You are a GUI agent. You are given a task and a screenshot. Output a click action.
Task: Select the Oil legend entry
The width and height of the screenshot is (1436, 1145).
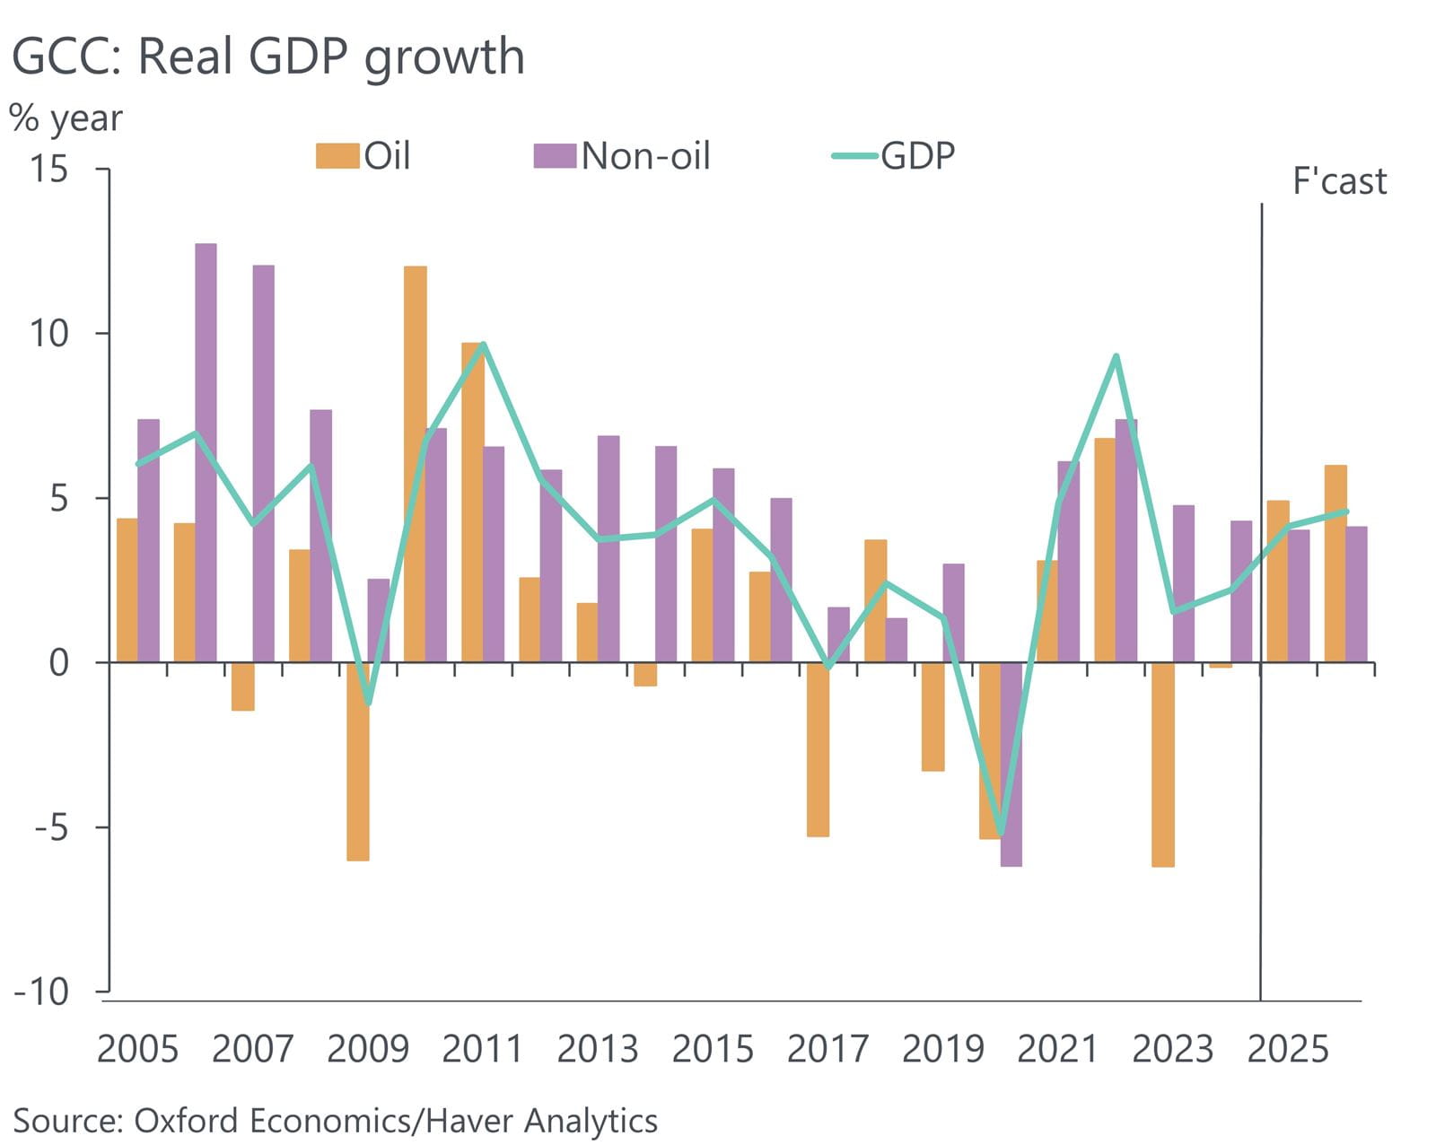tap(363, 156)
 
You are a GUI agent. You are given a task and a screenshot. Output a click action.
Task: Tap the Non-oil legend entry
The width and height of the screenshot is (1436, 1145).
tap(622, 156)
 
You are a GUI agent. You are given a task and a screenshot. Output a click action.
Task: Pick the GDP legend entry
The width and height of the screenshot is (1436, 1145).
tap(894, 156)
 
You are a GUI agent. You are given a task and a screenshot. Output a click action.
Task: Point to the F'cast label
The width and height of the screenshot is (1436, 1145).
tap(1338, 181)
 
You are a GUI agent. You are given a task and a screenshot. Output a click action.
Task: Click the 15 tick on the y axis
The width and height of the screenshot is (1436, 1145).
tap(49, 169)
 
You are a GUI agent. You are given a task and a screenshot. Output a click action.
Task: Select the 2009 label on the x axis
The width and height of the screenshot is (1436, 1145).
tap(367, 1048)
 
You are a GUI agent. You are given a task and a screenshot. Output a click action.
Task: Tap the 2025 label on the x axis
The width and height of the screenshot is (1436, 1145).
tap(1287, 1048)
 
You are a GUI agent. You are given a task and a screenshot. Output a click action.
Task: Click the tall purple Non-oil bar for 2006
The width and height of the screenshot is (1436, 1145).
tap(206, 453)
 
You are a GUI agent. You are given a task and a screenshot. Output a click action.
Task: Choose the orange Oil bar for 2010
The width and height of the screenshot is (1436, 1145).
tap(415, 464)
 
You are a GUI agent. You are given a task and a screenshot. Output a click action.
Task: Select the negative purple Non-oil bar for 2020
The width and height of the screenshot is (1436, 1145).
tap(1011, 764)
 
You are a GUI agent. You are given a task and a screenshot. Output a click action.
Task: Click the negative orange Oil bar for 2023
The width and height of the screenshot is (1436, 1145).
tap(1162, 765)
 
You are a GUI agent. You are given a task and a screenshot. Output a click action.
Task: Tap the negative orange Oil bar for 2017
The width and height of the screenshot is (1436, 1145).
tap(818, 749)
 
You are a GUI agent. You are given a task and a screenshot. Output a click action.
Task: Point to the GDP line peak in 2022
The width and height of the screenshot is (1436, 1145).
tap(1116, 356)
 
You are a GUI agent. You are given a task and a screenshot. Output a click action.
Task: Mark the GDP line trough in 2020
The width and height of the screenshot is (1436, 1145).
tap(1001, 834)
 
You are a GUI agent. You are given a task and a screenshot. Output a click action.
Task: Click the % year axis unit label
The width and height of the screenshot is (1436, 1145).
tap(66, 118)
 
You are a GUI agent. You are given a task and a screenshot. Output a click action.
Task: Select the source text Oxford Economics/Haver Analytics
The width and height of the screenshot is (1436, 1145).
tap(335, 1121)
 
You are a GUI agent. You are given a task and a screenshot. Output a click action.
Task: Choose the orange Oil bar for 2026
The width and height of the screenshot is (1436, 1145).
tap(1335, 564)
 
